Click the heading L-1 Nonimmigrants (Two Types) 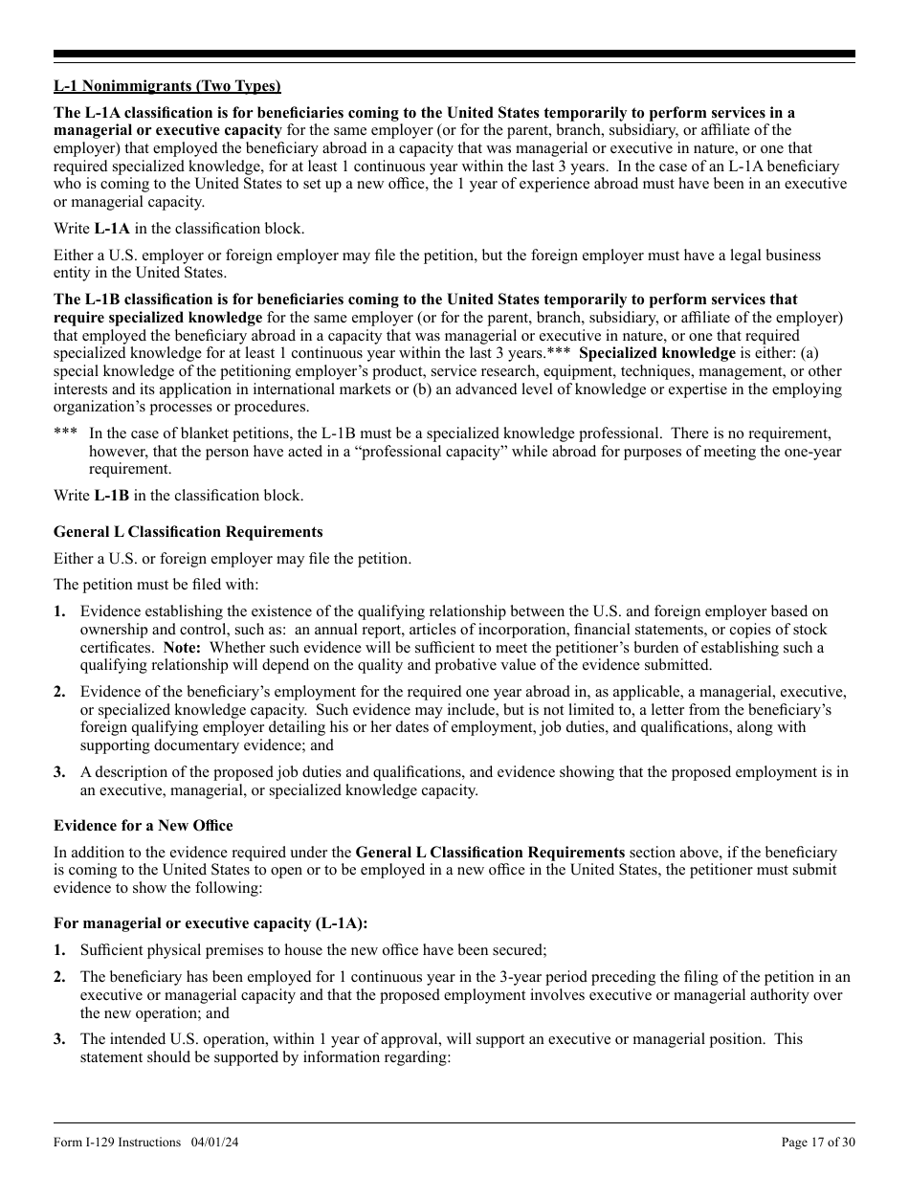(167, 86)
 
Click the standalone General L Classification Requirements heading (188, 532)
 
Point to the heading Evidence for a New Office (143, 826)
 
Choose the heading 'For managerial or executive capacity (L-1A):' (211, 923)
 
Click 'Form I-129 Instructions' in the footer (117, 1143)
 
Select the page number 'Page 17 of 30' (818, 1143)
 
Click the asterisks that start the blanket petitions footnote (65, 433)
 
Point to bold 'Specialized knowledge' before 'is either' (657, 353)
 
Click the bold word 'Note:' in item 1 (182, 648)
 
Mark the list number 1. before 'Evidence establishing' (59, 611)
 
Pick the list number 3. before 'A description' (59, 772)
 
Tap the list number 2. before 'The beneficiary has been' (59, 977)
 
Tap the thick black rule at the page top (454, 55)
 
